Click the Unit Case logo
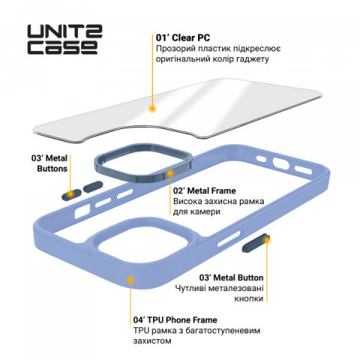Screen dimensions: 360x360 pyautogui.click(x=64, y=39)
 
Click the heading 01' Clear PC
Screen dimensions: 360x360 pyautogui.click(x=183, y=37)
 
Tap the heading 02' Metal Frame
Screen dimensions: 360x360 pyautogui.click(x=205, y=190)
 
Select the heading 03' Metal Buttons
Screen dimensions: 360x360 pyautogui.click(x=49, y=163)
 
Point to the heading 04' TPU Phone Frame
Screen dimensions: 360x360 pyautogui.click(x=175, y=320)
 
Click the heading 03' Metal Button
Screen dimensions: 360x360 pyautogui.click(x=231, y=277)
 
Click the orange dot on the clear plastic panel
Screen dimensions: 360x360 pyautogui.click(x=152, y=109)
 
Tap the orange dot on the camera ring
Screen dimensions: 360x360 pyautogui.click(x=170, y=172)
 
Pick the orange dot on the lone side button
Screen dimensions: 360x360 pyautogui.click(x=267, y=240)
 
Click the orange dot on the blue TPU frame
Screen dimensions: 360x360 pyautogui.click(x=130, y=280)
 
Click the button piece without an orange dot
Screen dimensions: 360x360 pyautogui.click(x=93, y=187)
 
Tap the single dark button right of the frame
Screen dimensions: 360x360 pyautogui.click(x=255, y=243)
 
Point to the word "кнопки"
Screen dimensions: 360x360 pyautogui.click(x=249, y=298)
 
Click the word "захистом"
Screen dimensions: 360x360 pyautogui.click(x=152, y=341)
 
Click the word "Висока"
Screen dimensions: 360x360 pyautogui.click(x=187, y=201)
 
